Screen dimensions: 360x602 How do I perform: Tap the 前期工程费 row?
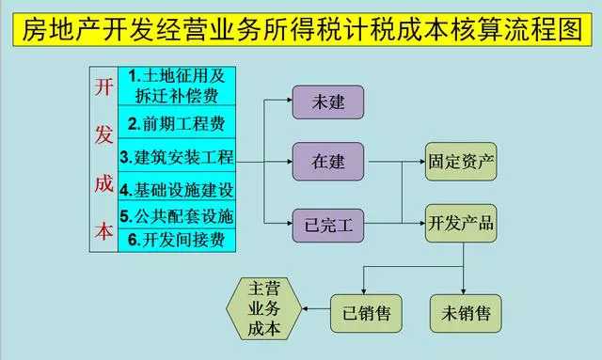(176, 123)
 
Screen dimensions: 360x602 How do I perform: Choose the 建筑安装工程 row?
(176, 156)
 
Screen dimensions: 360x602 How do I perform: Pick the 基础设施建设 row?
(176, 187)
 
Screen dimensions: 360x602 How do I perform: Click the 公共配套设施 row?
(176, 216)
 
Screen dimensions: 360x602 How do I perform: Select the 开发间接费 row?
(176, 240)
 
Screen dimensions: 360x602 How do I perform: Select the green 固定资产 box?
(460, 162)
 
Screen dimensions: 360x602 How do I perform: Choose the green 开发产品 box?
(460, 224)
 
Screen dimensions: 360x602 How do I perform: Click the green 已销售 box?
(361, 309)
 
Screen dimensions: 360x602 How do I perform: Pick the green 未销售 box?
(464, 309)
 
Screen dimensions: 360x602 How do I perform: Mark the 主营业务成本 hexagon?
(264, 308)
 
